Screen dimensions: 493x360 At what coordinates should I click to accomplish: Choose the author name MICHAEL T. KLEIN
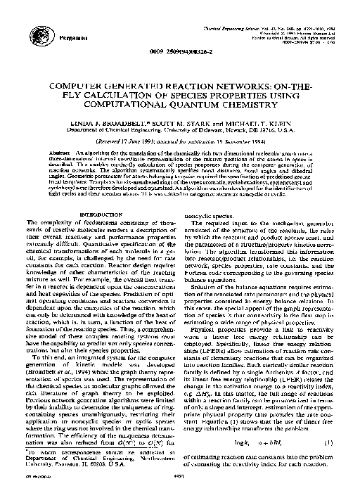coord(255,122)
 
